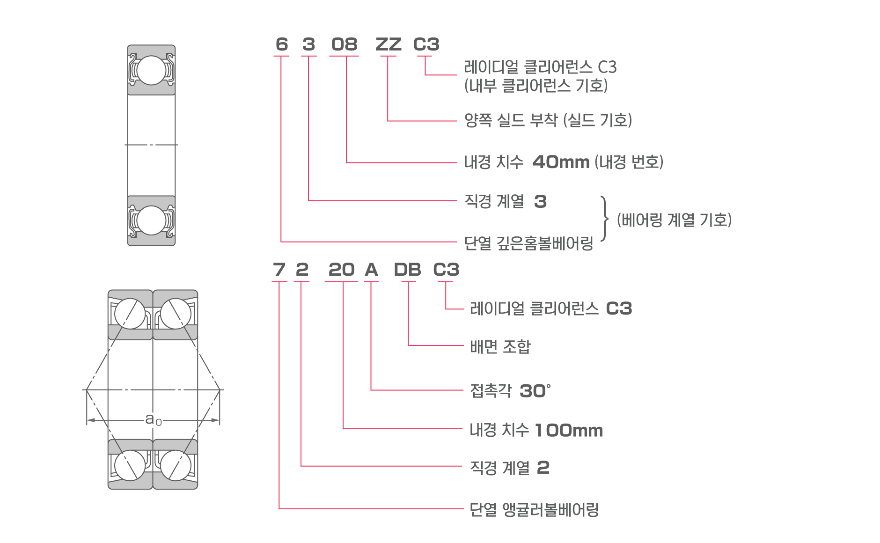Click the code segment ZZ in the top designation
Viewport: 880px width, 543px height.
(388, 44)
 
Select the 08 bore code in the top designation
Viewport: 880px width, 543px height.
(344, 44)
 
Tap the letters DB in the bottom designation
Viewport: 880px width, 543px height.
(407, 270)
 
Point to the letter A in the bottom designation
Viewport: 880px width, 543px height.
(371, 270)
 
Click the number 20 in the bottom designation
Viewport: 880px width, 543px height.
(341, 270)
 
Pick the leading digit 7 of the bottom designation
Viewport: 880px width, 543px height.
(279, 270)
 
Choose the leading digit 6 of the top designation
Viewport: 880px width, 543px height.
(281, 44)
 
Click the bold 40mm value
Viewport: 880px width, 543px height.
(561, 162)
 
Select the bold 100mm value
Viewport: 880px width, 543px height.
(569, 430)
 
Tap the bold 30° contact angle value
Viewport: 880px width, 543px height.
(535, 391)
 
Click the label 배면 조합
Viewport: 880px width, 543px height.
(500, 347)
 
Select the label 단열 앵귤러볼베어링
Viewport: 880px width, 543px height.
(534, 509)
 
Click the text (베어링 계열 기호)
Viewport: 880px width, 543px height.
(674, 220)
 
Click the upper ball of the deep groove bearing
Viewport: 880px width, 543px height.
(151, 70)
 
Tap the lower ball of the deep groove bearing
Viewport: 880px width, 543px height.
(151, 220)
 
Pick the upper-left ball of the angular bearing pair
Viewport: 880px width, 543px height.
(130, 314)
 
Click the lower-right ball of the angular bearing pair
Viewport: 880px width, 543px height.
(176, 465)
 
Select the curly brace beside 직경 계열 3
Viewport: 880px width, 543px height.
(605, 219)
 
